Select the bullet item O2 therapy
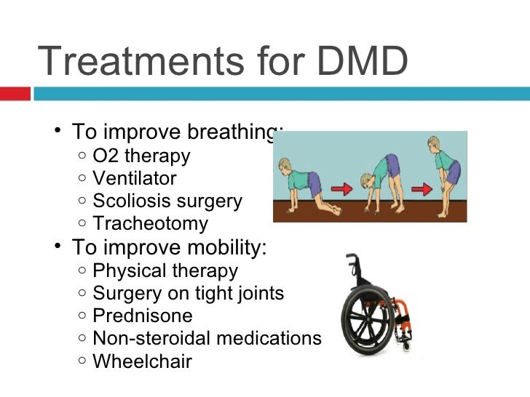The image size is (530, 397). tap(141, 156)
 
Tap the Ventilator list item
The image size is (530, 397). tap(135, 178)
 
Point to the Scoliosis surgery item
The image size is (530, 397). tap(167, 201)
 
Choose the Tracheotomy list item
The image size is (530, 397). tap(151, 223)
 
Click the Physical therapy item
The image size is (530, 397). tap(165, 271)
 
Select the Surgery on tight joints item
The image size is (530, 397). tap(189, 294)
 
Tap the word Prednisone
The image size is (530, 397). tap(143, 316)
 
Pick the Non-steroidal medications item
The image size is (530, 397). tap(207, 339)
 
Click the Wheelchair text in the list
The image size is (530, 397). tap(143, 361)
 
